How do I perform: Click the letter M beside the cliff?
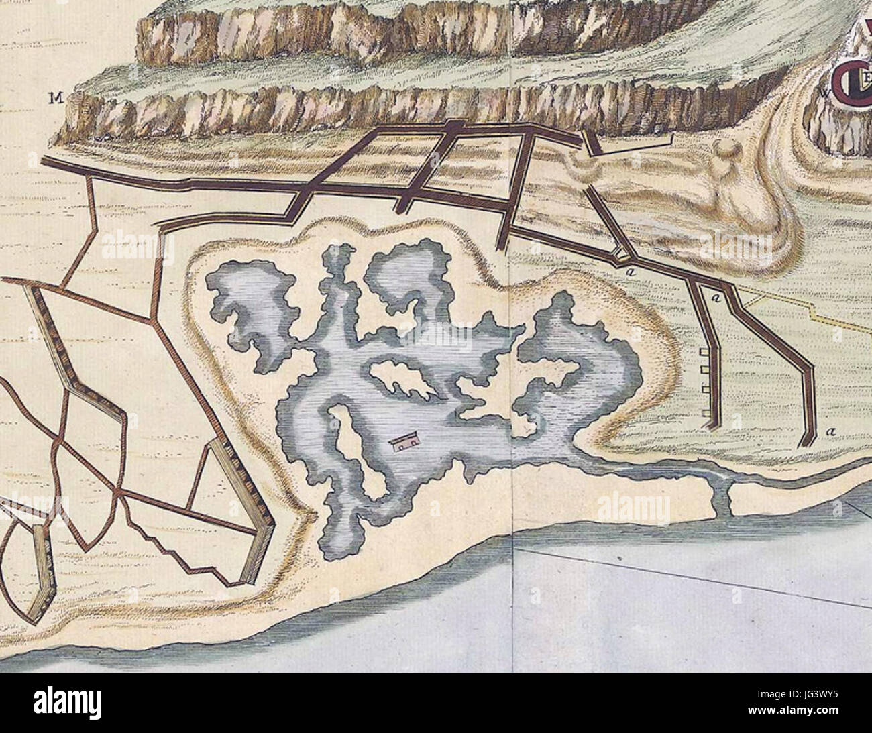(54, 99)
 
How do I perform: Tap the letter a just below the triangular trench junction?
(631, 272)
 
